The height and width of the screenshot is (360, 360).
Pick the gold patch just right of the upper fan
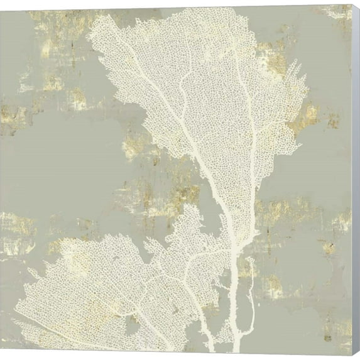tap(308, 116)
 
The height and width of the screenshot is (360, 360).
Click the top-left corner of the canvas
tap(1, 8)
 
